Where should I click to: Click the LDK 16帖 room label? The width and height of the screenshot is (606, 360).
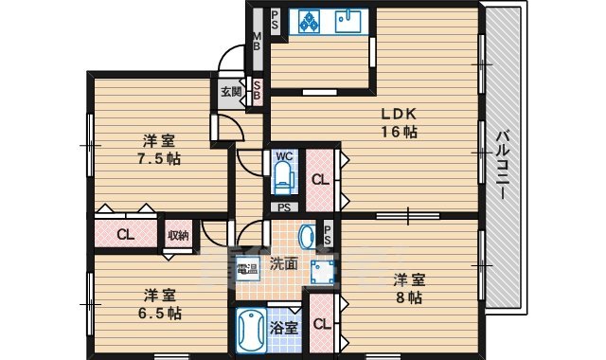click(399, 123)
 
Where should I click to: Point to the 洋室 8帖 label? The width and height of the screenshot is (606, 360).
click(410, 288)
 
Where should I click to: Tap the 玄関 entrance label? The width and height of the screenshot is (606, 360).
click(231, 92)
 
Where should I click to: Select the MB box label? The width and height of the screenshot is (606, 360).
click(256, 44)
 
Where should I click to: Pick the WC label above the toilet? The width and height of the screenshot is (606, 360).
click(283, 155)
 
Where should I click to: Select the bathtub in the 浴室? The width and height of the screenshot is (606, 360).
click(250, 333)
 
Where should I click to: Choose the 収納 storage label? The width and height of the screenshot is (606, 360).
click(178, 234)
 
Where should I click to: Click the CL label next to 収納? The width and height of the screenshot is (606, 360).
click(125, 235)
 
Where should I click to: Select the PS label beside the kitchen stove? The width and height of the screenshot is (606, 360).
click(275, 19)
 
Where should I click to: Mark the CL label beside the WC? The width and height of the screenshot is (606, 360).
click(319, 178)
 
